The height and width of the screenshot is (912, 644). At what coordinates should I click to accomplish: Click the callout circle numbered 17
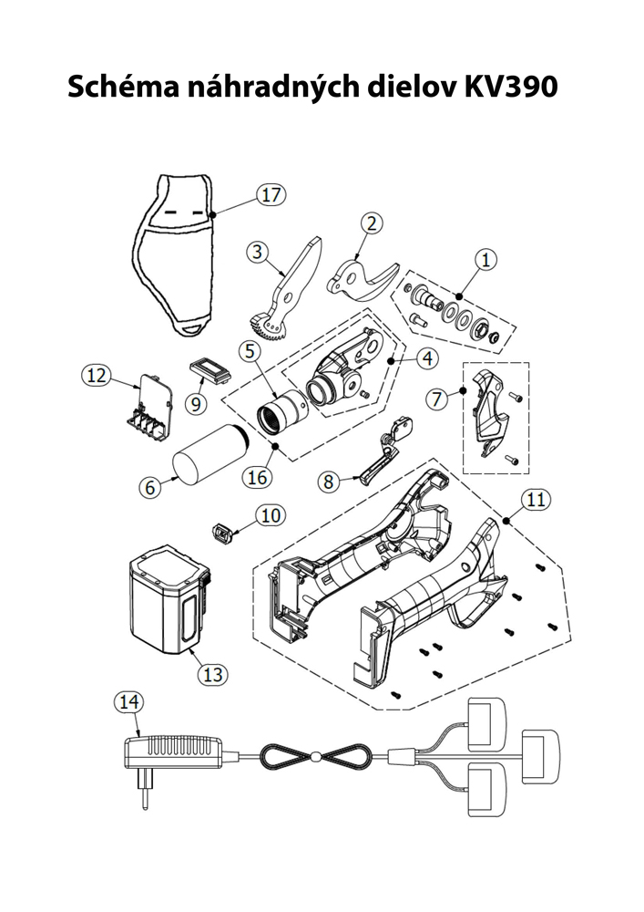click(x=270, y=194)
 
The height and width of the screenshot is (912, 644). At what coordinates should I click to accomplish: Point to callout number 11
click(x=536, y=499)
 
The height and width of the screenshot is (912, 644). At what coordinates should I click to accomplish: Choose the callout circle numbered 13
click(x=212, y=675)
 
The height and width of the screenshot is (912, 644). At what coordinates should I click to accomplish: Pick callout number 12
click(x=96, y=374)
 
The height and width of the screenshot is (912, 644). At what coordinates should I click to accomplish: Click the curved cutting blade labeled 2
click(x=363, y=275)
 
